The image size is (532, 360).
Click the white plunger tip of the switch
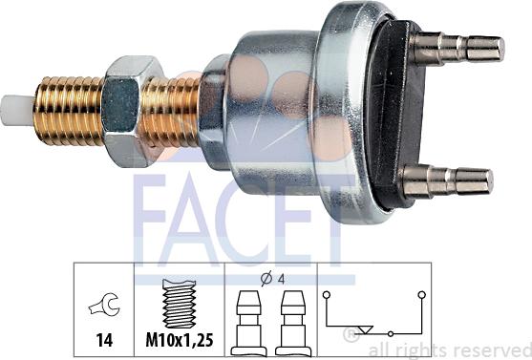[x=17, y=111]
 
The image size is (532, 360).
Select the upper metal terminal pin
[x=457, y=49]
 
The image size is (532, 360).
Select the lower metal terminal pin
[x=448, y=181]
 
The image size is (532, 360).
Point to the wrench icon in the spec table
[x=104, y=305]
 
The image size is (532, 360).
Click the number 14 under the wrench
[x=104, y=340]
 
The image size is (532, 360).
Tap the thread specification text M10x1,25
[x=180, y=340]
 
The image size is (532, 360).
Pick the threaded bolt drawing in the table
[x=180, y=304]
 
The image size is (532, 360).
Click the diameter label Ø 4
[x=272, y=279]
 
